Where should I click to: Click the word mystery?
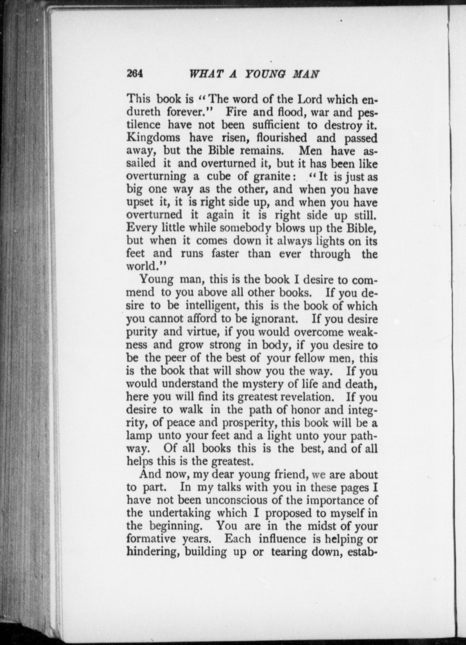click(x=263, y=384)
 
